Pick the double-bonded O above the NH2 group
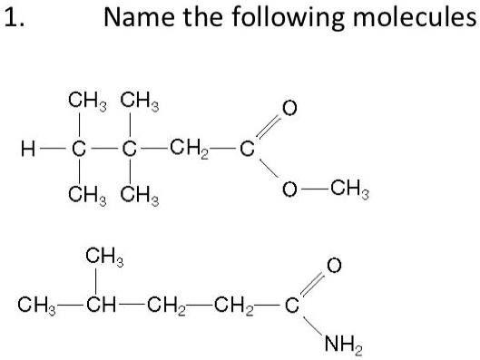coord(333,265)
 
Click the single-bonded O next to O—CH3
coord(289,190)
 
